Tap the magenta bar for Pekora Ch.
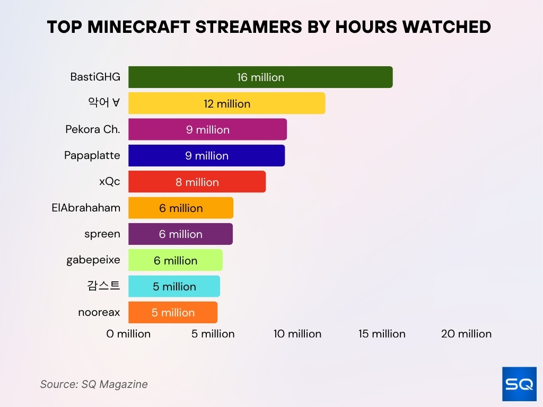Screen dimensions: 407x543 [255, 129]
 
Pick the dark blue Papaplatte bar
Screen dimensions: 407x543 [255, 155]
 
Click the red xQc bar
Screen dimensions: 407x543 [239, 182]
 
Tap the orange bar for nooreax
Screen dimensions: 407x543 [202, 312]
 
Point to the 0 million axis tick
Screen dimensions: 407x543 [128, 334]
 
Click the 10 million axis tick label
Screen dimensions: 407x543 [297, 334]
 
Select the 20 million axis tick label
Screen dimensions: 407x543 [467, 334]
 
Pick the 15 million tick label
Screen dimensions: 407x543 [382, 334]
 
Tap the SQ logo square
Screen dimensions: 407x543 [519, 384]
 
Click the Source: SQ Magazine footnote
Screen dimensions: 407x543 [94, 384]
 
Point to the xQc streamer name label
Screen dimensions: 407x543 [109, 181]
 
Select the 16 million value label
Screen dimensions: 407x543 [260, 77]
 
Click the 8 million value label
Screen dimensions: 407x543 [197, 182]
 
